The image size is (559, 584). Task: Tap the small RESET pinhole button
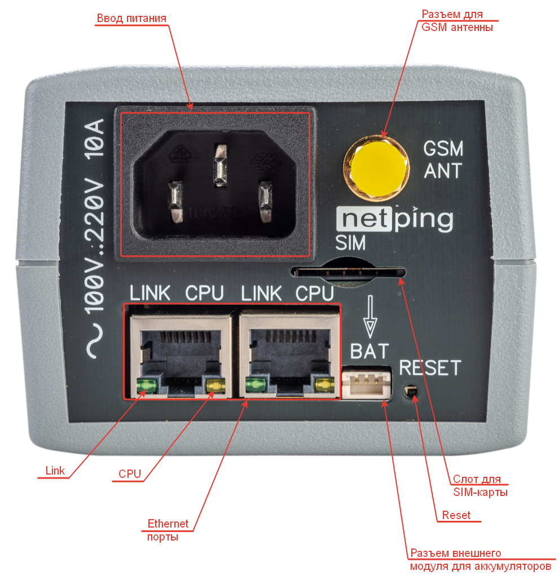pos(411,390)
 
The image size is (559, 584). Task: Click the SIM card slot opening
pos(347,272)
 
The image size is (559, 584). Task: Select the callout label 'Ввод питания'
pos(131,18)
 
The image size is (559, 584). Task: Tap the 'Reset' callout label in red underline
pos(456,515)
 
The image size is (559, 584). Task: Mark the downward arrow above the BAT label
pos(370,318)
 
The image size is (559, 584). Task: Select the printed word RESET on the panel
pos(430,368)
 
